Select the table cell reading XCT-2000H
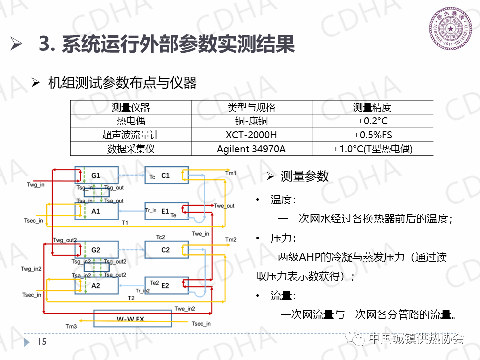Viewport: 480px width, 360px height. (x=251, y=135)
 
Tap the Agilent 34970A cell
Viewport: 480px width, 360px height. (x=251, y=149)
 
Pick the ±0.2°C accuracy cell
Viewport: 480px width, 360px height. (x=372, y=121)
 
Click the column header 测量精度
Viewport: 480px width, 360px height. (x=372, y=107)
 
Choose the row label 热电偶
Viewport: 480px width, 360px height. (x=130, y=121)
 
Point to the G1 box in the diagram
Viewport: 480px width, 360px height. (x=96, y=176)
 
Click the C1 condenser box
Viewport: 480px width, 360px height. (x=166, y=176)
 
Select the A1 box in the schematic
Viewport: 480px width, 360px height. (x=96, y=211)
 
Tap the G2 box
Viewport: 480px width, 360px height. (x=96, y=249)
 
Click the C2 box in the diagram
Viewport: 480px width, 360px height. (x=166, y=249)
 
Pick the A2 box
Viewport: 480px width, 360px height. (x=96, y=286)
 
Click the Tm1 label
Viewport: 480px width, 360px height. (x=230, y=173)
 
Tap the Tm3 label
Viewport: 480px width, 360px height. (x=71, y=326)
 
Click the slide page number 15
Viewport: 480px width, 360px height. (x=42, y=342)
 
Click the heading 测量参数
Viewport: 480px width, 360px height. (x=305, y=176)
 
